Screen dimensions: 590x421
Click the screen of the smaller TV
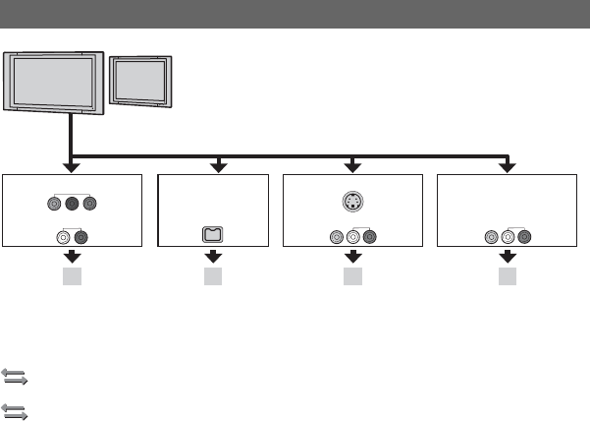pos(141,79)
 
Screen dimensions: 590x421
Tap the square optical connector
pos(213,236)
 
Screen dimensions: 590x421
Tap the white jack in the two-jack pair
pos(64,236)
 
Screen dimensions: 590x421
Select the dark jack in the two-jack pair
pos(81,236)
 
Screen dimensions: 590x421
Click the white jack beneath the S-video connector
pos(352,236)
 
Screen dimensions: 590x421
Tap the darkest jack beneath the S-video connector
pos(368,236)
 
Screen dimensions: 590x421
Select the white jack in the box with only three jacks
pos(508,236)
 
